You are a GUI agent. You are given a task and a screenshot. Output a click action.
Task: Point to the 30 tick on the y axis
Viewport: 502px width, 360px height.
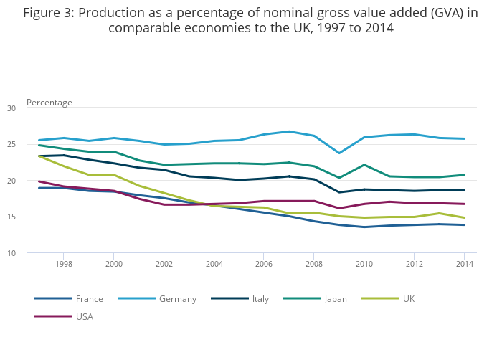[11, 108]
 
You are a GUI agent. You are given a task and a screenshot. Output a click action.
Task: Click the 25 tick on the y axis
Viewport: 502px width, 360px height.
[11, 145]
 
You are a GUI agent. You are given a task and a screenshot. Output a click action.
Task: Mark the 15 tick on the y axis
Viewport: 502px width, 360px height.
[11, 217]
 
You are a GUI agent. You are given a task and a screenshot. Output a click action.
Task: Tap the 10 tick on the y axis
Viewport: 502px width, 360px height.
[11, 253]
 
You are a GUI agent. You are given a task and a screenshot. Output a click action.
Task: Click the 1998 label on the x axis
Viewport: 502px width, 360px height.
[63, 264]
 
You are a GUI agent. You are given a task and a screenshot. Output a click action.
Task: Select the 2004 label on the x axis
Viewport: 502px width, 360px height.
[214, 264]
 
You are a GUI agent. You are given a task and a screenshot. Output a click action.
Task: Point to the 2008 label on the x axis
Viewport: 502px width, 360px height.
[313, 264]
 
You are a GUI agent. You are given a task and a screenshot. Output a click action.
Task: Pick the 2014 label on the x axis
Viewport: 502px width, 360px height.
[464, 264]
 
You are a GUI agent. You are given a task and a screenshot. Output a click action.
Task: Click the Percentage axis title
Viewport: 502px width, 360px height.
[49, 103]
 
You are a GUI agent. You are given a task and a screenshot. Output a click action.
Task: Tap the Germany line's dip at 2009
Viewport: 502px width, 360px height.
[338, 153]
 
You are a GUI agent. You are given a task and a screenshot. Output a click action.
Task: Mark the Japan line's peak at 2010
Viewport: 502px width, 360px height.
[364, 165]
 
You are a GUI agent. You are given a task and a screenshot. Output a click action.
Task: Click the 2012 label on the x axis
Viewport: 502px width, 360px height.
[414, 264]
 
